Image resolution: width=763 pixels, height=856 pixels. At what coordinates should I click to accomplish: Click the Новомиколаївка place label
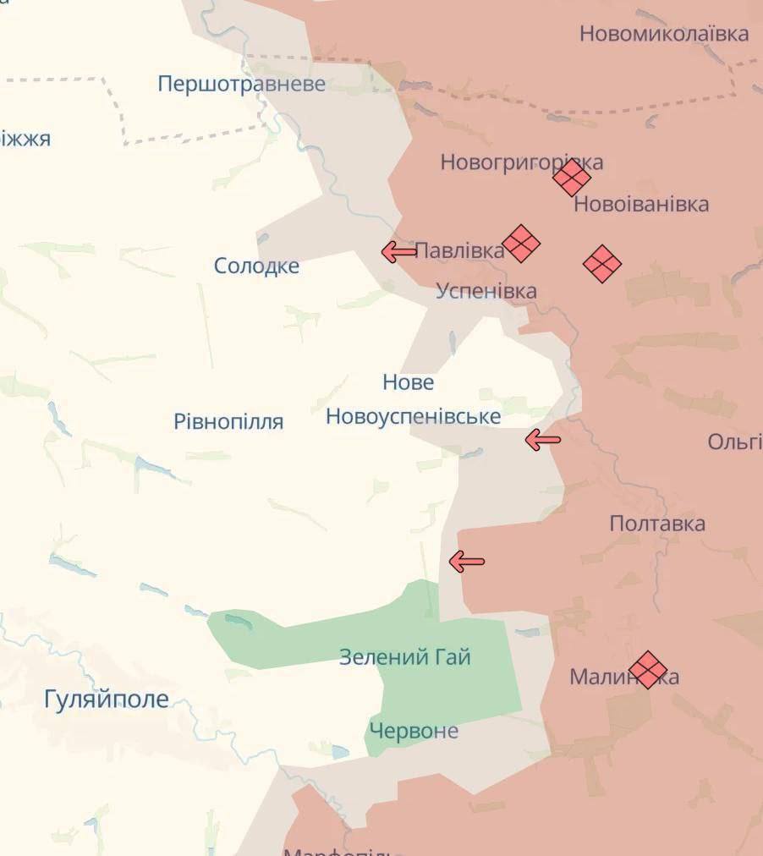(663, 34)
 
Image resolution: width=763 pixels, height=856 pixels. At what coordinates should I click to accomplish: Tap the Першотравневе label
(241, 84)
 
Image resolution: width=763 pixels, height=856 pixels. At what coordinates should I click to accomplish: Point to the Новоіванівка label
(641, 205)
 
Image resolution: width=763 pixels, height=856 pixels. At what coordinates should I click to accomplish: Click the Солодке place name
(256, 266)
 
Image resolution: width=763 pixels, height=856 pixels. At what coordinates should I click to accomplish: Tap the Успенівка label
(486, 291)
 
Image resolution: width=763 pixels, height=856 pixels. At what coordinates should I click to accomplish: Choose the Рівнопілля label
(228, 421)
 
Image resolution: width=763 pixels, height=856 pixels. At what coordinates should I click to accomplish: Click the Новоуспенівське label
(413, 416)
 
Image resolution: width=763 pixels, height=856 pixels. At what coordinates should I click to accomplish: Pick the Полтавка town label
(657, 524)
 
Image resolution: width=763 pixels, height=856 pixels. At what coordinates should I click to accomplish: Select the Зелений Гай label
(404, 657)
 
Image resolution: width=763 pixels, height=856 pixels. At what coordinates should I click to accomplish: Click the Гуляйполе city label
(107, 700)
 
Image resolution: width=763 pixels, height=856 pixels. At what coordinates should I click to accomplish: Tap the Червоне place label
(414, 731)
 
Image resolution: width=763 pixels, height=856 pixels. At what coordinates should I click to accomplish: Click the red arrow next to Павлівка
(398, 251)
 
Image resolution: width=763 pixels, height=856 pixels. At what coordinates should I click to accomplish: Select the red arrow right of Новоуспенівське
(542, 439)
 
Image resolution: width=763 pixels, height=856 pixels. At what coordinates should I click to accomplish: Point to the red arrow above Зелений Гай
(466, 561)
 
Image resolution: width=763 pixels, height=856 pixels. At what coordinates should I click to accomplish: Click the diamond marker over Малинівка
(648, 670)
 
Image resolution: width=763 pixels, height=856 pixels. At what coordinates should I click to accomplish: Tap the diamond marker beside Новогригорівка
(572, 178)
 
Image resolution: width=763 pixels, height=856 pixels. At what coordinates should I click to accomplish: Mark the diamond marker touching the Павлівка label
(521, 244)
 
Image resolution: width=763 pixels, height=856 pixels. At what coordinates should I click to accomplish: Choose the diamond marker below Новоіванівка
(602, 264)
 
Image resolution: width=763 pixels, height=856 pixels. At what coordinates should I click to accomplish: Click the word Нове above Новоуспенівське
(408, 382)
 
